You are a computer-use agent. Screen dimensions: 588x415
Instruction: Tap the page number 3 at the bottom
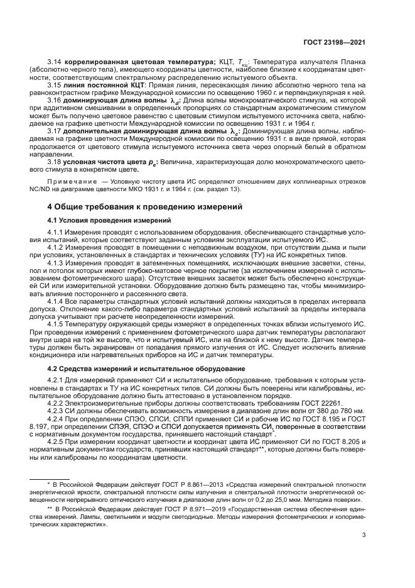pos(364,536)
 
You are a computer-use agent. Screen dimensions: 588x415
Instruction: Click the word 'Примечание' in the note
pos(67,180)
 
